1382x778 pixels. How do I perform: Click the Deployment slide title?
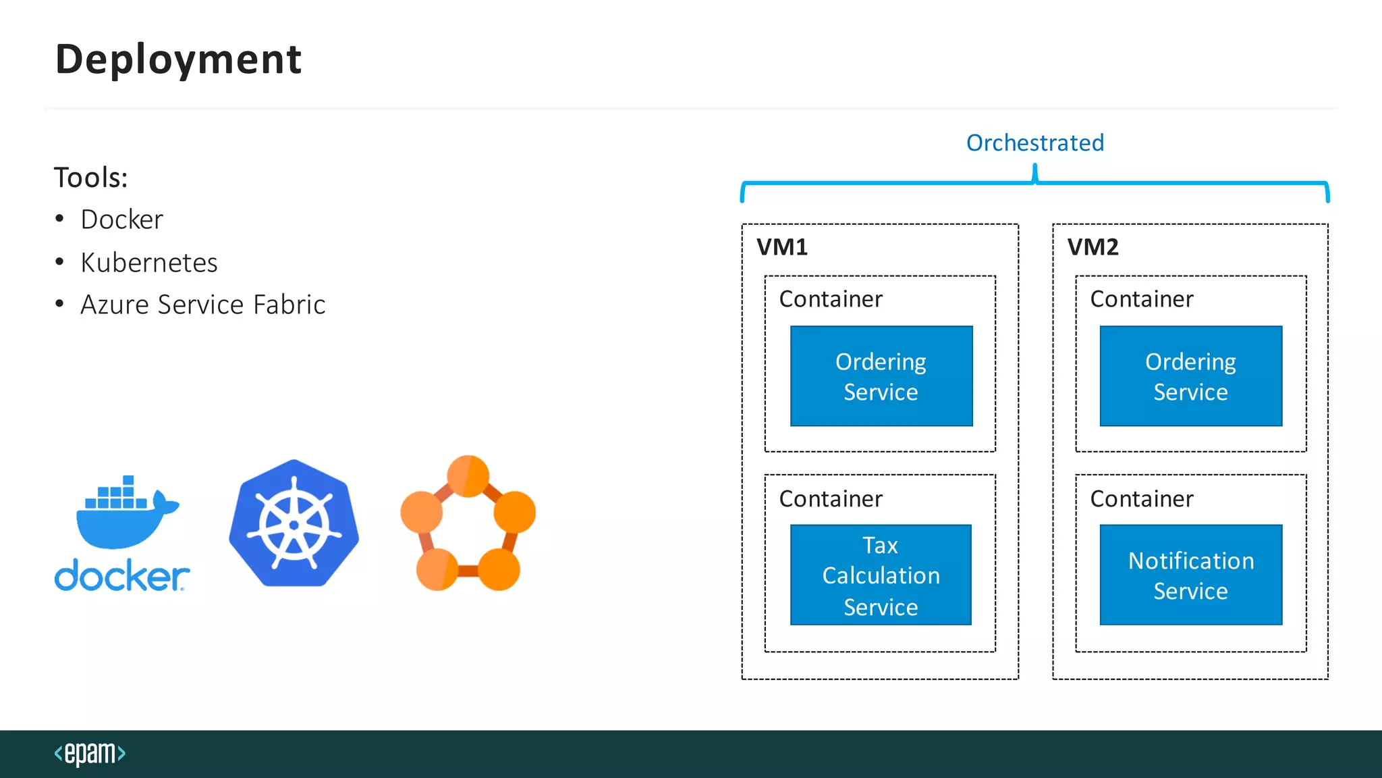point(178,59)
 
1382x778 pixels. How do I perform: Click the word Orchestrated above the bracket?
point(1034,142)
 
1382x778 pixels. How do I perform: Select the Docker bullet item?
point(121,219)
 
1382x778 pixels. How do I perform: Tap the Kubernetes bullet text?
point(148,262)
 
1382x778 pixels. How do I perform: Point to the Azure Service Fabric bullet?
point(202,305)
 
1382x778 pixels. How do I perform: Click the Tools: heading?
point(90,178)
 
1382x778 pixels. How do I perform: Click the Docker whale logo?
point(125,513)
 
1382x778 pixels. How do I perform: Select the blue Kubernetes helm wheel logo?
point(294,523)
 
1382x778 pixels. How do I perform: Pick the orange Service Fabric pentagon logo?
point(468,523)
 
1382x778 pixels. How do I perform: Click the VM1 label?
point(782,247)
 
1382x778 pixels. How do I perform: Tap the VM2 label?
point(1093,247)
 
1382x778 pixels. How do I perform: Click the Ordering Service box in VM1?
point(881,376)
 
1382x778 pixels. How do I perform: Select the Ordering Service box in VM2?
point(1190,376)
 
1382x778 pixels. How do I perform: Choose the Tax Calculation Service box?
point(881,575)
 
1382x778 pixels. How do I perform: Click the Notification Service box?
point(1190,575)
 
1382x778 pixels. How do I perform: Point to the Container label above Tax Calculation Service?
point(831,498)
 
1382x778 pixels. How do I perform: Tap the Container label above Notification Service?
point(1141,498)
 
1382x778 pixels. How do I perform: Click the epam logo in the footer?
point(90,753)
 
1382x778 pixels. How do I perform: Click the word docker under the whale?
point(121,576)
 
